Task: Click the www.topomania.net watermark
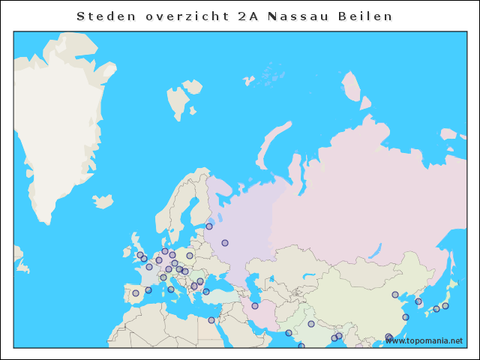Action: click(424, 340)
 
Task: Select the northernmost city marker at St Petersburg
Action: click(209, 226)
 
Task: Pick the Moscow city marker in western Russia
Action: click(224, 243)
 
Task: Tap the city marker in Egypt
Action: click(211, 320)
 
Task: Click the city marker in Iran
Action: click(255, 305)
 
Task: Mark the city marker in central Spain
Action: click(136, 293)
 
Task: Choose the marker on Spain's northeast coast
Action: click(148, 290)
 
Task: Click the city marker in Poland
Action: click(190, 256)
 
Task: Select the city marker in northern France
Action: click(149, 267)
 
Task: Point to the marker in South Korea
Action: click(419, 301)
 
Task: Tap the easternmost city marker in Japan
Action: click(445, 306)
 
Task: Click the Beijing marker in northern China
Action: click(395, 294)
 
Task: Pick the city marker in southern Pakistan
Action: click(289, 333)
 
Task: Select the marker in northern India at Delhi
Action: click(311, 324)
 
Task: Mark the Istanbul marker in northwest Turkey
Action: click(206, 292)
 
